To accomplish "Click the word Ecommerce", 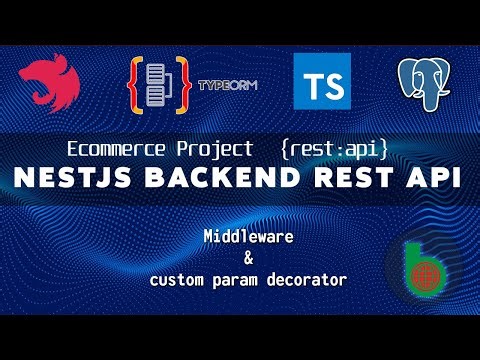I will coord(110,150).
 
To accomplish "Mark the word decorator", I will coord(307,280).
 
